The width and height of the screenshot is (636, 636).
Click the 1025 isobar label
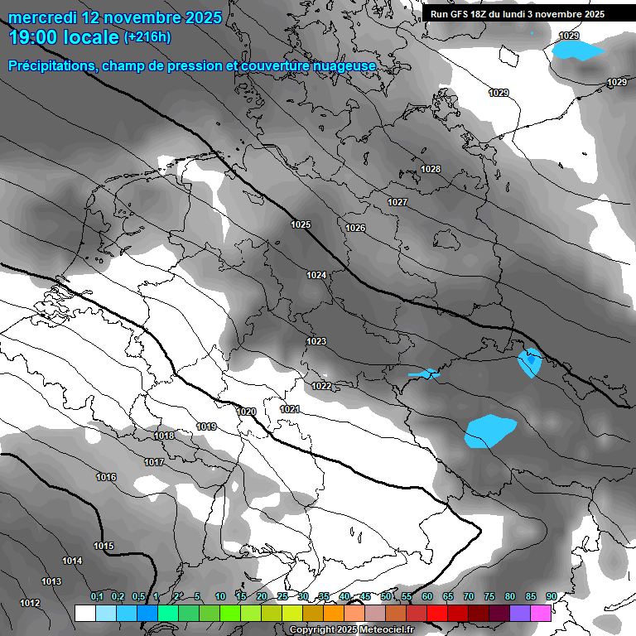(301, 224)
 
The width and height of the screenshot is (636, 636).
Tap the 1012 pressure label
(31, 603)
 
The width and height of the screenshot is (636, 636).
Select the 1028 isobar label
(431, 169)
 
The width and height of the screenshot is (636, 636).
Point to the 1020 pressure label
(246, 412)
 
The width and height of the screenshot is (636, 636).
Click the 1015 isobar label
(104, 546)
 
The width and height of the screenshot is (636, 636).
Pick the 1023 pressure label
(316, 341)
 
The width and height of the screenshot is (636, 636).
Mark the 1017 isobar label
(153, 462)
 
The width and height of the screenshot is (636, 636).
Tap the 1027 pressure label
(397, 202)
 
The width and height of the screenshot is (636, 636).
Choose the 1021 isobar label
(290, 409)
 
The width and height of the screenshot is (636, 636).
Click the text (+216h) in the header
(147, 37)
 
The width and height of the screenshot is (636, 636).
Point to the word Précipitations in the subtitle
(49, 65)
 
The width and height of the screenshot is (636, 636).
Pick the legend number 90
(551, 596)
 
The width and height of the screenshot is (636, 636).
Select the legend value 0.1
(96, 596)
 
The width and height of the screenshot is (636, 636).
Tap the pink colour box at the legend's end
(541, 613)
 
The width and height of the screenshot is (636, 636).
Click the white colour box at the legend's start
(84, 613)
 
